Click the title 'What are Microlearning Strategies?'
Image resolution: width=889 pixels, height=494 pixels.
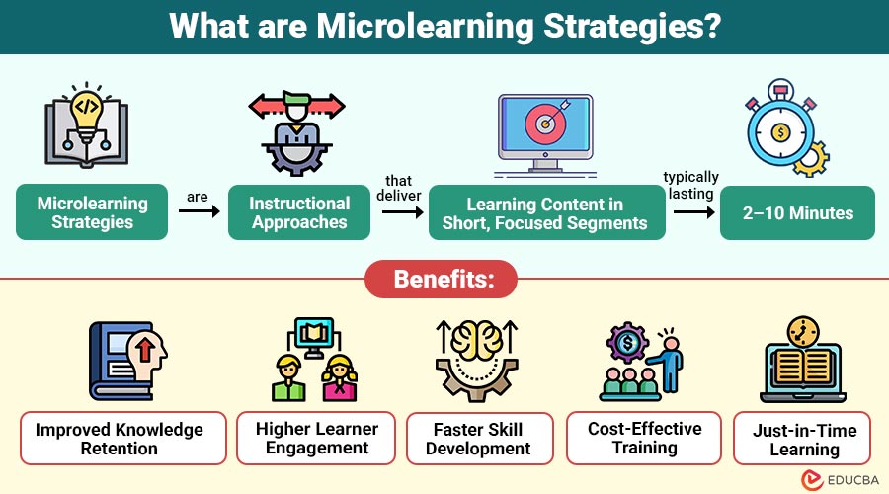444,26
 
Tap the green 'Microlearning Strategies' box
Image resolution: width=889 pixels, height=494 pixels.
92,212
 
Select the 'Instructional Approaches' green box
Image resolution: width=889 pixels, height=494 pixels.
299,212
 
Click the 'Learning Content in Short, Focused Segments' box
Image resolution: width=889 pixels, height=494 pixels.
544,213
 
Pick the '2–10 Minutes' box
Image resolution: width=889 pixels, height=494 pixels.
797,212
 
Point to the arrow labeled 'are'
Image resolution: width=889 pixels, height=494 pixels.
198,211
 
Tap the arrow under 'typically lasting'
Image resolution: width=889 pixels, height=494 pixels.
690,211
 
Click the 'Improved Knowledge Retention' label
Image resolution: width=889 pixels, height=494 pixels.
119,438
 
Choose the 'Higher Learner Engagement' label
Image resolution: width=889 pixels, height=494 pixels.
316,438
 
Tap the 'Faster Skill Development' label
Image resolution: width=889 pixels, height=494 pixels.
478,438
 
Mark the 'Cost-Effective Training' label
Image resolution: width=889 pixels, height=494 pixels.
644,438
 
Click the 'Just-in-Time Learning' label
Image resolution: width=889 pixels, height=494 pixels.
803,438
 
